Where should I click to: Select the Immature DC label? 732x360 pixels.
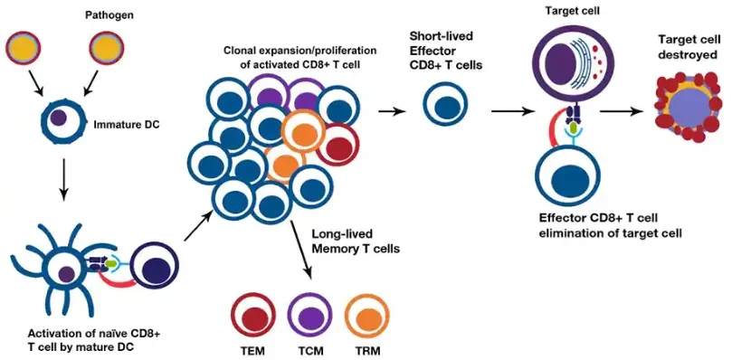[x=127, y=125]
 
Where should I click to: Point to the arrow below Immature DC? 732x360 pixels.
[x=64, y=181]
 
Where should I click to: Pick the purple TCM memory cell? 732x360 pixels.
[x=309, y=317]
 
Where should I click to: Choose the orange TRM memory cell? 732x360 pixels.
[x=366, y=317]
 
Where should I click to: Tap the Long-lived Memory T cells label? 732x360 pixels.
[x=356, y=241]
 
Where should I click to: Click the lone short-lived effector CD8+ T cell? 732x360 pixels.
[x=446, y=105]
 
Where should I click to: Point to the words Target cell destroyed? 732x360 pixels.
[x=688, y=46]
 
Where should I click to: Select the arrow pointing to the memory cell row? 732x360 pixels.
[x=301, y=251]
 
